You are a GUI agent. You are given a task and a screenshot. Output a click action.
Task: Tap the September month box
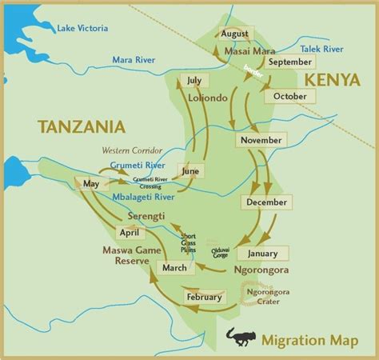click(289, 62)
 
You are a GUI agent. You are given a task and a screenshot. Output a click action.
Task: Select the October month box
click(289, 96)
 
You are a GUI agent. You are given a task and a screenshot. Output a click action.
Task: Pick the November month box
click(260, 141)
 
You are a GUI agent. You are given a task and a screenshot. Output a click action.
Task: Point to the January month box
click(263, 254)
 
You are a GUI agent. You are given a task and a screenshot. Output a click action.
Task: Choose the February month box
click(203, 297)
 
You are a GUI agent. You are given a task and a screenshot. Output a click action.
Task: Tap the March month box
click(174, 267)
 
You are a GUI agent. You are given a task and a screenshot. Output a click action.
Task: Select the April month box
click(129, 233)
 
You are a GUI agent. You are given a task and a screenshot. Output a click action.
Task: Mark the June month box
click(189, 170)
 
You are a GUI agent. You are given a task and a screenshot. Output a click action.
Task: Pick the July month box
click(193, 80)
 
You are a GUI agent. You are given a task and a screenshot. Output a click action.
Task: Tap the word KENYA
click(330, 81)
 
